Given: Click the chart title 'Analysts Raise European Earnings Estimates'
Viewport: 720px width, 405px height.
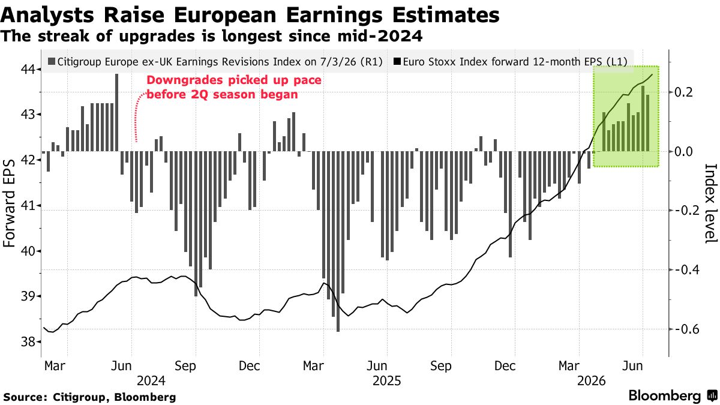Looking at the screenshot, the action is pos(250,14).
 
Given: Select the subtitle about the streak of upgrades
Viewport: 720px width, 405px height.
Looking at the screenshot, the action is pos(211,36).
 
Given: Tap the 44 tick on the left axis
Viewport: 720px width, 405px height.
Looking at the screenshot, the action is pos(28,69).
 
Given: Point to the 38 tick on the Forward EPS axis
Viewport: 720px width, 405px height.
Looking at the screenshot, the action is pos(28,341).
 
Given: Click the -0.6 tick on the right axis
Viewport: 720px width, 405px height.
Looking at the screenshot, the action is pos(687,329).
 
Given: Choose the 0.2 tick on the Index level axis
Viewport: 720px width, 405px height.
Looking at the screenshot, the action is pos(684,92).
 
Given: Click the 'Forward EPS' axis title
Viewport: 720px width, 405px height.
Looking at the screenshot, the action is pos(9,203).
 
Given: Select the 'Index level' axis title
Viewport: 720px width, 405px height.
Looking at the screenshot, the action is pos(711,204).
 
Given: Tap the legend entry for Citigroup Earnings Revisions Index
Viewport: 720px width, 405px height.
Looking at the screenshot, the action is pos(215,61).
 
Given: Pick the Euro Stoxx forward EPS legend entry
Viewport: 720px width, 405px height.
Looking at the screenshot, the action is pos(511,61).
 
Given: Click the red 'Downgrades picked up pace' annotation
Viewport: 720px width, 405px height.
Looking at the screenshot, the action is pos(234,87).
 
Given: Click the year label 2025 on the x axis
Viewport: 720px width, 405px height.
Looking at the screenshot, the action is pos(386,381).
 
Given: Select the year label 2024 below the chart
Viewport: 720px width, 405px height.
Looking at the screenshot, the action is pos(151,381).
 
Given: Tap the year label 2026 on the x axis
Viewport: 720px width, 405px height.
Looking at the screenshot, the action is pos(592,381).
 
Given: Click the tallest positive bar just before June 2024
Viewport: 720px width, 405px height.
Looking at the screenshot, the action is pos(116,113).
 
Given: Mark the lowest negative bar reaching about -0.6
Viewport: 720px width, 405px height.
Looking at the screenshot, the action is pos(338,241).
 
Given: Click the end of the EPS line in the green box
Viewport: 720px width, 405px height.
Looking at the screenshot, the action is pos(652,74).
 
